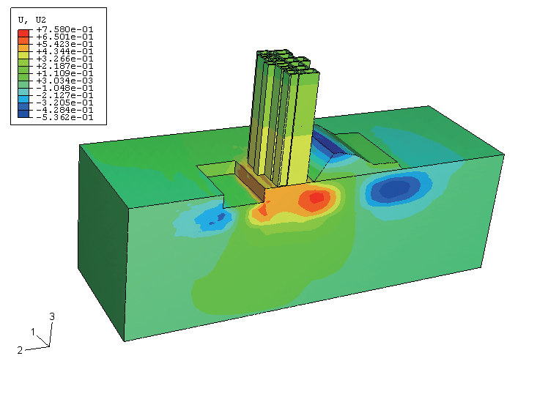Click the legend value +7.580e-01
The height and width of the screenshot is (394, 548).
click(x=64, y=30)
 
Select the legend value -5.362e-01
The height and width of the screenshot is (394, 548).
click(x=64, y=117)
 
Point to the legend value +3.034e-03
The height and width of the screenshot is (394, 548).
click(x=64, y=81)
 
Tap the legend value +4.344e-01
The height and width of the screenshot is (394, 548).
click(x=64, y=52)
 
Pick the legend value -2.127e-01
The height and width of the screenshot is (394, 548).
click(x=64, y=95)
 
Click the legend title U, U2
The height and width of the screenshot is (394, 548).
click(x=32, y=20)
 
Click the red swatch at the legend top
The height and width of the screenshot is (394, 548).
click(x=23, y=34)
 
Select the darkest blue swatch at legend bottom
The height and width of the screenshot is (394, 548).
click(x=23, y=114)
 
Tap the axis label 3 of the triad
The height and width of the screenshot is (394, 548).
click(x=52, y=316)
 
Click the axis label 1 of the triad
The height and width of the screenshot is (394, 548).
click(x=33, y=332)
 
